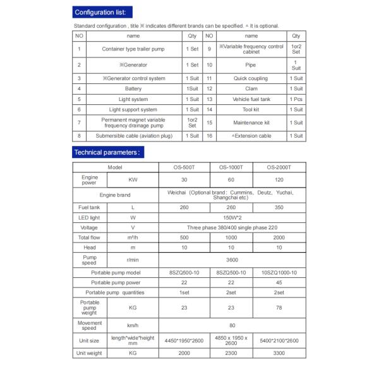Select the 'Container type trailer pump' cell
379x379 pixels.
[133, 49]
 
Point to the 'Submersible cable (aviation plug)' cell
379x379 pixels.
[133, 136]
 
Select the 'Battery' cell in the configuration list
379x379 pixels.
[133, 89]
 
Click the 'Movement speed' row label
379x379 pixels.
[90, 325]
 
